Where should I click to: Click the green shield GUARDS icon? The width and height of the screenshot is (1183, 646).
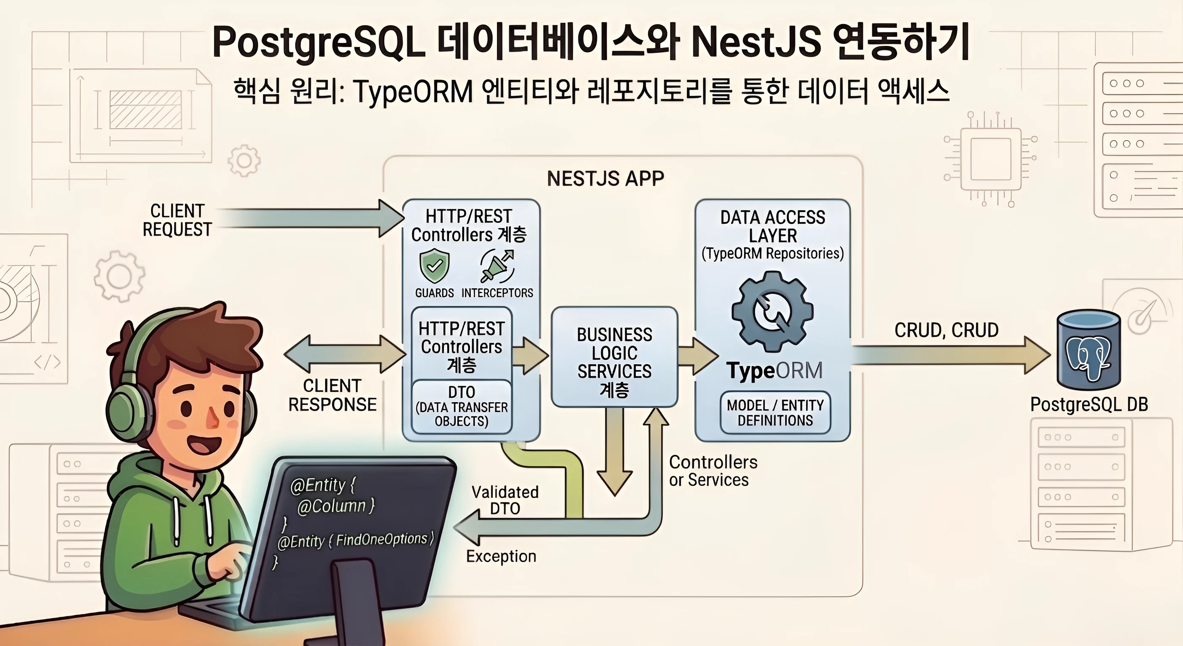[434, 265]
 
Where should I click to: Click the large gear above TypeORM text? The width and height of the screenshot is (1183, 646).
[772, 312]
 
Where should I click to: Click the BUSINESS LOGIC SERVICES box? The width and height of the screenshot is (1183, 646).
[615, 357]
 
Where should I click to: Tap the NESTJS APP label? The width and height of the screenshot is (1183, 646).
[605, 179]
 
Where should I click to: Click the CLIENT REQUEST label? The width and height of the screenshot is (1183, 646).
[177, 220]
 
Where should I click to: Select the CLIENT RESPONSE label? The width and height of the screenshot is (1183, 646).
[332, 395]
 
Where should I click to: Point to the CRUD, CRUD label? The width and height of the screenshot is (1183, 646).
[946, 330]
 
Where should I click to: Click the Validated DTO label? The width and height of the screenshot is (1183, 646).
[505, 500]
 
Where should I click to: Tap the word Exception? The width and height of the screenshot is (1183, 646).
[501, 556]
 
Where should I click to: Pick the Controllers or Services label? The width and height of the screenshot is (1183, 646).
[713, 471]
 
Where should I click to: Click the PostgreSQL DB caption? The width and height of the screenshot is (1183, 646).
[1089, 404]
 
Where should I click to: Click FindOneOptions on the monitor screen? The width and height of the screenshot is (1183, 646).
[381, 539]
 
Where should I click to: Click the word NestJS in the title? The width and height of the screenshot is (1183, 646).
[755, 42]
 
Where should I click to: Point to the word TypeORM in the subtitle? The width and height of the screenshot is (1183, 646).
[413, 91]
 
